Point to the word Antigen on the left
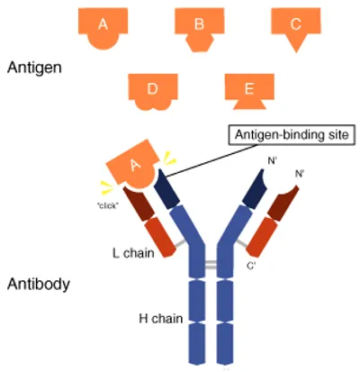click(31, 68)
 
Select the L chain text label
click(135, 253)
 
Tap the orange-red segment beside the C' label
click(261, 235)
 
